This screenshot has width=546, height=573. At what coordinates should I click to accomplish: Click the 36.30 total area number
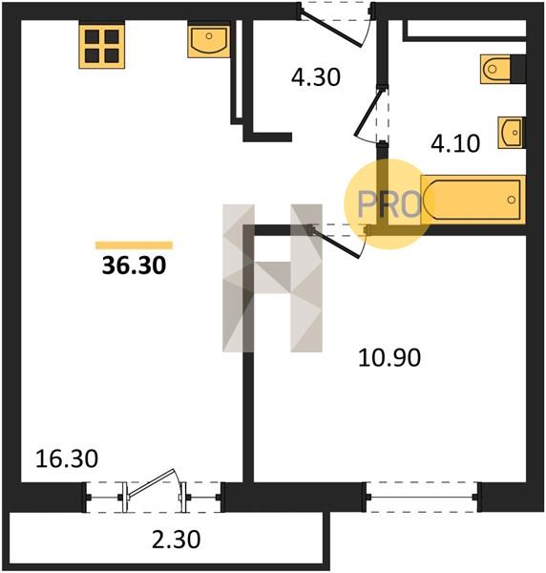click(x=134, y=265)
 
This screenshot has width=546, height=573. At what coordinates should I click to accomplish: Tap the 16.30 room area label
click(x=67, y=459)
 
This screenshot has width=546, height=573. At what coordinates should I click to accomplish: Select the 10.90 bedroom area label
click(x=389, y=358)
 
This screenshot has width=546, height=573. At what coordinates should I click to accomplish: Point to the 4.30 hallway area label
click(x=316, y=77)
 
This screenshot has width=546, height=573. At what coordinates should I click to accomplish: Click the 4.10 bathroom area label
click(x=455, y=143)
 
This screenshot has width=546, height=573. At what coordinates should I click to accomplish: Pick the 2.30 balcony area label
click(x=176, y=540)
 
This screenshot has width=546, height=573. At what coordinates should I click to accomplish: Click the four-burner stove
click(x=102, y=46)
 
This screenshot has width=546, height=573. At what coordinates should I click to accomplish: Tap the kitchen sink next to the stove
click(x=209, y=40)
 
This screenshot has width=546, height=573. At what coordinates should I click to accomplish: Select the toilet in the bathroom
click(x=503, y=69)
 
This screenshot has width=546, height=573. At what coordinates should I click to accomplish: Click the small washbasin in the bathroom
click(x=512, y=133)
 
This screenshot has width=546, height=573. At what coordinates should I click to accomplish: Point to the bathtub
click(x=472, y=200)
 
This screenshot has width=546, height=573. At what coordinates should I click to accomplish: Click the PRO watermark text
click(x=389, y=204)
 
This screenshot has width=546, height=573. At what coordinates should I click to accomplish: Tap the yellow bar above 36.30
click(x=134, y=245)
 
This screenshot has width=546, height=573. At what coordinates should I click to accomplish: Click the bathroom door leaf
click(x=368, y=113)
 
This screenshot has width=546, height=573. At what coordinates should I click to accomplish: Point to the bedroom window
click(x=422, y=497)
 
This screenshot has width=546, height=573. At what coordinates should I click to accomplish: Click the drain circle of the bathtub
click(x=512, y=200)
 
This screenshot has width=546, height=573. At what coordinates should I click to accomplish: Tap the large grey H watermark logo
click(x=272, y=278)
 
